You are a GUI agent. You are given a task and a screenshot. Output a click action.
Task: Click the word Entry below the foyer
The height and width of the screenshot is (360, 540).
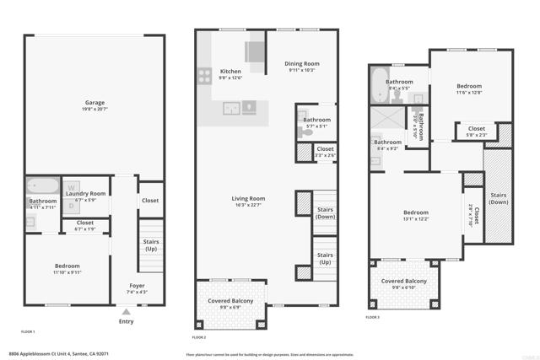126,321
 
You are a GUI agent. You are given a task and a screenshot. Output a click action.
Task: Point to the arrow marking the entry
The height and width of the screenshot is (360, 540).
126,312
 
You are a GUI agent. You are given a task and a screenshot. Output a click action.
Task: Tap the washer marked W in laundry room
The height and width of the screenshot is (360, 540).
73,186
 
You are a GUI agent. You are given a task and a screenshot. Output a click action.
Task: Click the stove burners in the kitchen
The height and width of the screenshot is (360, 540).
205,74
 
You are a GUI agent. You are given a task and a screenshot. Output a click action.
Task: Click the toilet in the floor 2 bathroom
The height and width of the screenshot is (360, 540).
305,132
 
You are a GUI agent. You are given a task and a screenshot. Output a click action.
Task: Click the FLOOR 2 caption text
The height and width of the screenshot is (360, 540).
199,336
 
